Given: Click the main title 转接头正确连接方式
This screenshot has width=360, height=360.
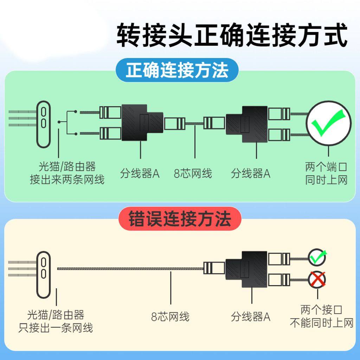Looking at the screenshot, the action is (232, 35).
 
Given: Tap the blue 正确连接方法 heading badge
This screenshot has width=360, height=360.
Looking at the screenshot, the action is (177, 70).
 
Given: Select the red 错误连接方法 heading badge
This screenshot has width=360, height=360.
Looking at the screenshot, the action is (180, 219).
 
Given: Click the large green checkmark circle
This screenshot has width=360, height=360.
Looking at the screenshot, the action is (329, 123).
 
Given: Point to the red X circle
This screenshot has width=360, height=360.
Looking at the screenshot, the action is (317, 279).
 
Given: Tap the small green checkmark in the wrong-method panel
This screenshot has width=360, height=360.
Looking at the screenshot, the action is (317, 257).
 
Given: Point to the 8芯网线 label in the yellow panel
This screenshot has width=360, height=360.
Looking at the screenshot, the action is (170, 317).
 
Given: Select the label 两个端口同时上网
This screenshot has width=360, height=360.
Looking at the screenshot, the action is (326, 173).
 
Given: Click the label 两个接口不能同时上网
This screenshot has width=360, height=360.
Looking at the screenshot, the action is (321, 316).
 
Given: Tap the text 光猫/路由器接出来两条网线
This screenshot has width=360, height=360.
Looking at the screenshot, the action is (67, 173).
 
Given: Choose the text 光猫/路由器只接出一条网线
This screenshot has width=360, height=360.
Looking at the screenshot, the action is (56, 321).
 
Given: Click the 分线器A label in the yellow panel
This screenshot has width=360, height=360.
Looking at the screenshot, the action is (251, 317).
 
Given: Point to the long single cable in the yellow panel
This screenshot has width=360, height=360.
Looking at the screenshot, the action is (130, 269).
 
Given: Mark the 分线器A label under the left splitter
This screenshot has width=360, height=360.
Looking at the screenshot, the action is (140, 173).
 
